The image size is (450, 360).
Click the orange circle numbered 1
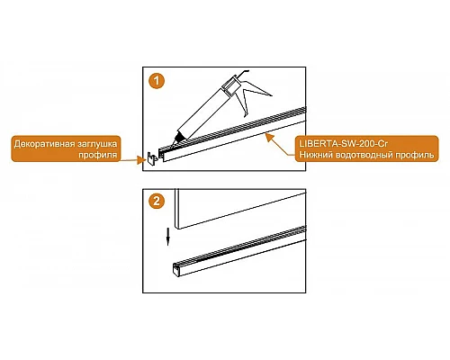tap(157, 80)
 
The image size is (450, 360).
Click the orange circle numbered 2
tap(157, 201)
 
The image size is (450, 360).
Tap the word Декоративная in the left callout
tap(44, 144)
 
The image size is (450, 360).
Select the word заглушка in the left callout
tap(98, 144)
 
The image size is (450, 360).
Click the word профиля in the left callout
tap(98, 155)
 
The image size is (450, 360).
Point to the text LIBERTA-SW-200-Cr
tap(343, 144)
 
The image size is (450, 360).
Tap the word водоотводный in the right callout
tap(364, 155)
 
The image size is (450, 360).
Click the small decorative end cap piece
tap(151, 157)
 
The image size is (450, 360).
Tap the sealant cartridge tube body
tap(203, 113)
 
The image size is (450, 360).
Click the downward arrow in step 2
tap(168, 237)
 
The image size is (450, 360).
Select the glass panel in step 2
tap(240, 209)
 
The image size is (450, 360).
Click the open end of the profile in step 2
tap(176, 269)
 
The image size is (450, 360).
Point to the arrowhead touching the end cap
tap(140, 160)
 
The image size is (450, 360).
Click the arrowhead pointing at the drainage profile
tap(270, 138)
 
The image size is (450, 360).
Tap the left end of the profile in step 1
tap(162, 155)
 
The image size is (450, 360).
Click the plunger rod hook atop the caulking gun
tap(244, 72)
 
